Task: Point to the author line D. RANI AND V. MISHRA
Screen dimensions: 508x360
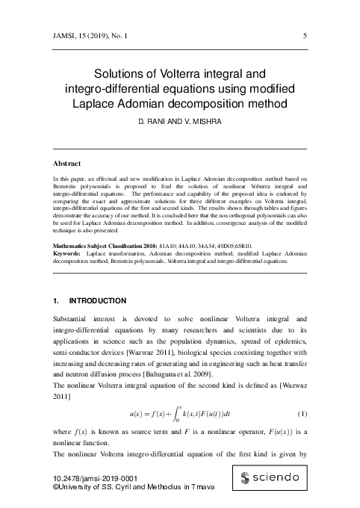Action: pyautogui.click(x=179, y=121)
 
